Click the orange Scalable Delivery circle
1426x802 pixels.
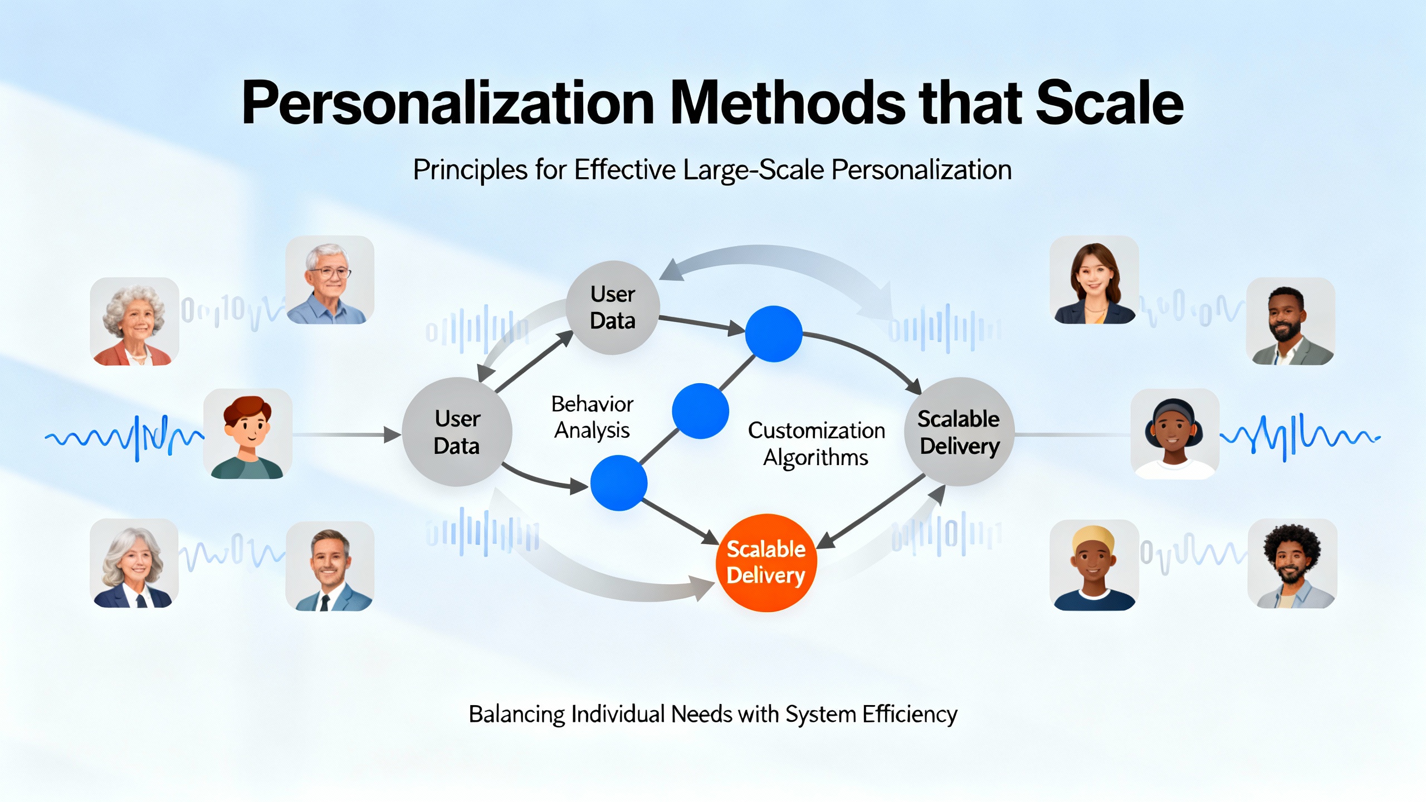(765, 563)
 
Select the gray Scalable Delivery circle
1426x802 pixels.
(959, 432)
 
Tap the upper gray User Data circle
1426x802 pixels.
(613, 307)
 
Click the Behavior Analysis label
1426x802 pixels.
(592, 417)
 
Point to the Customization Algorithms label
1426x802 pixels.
(816, 443)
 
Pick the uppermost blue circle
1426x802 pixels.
(774, 334)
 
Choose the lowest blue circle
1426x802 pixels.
(618, 483)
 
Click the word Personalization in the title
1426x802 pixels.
(448, 104)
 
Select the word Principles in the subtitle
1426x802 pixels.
(470, 170)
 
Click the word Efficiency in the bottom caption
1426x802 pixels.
(910, 714)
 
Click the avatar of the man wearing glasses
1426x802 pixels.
(330, 280)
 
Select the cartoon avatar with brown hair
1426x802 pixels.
(247, 434)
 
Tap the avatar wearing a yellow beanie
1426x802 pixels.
(1094, 565)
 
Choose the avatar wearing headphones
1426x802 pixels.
(1175, 434)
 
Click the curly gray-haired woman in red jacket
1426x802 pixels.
(134, 321)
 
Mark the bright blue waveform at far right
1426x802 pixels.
(1300, 437)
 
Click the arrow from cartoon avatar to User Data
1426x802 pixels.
(346, 434)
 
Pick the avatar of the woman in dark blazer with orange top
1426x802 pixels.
(1094, 280)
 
